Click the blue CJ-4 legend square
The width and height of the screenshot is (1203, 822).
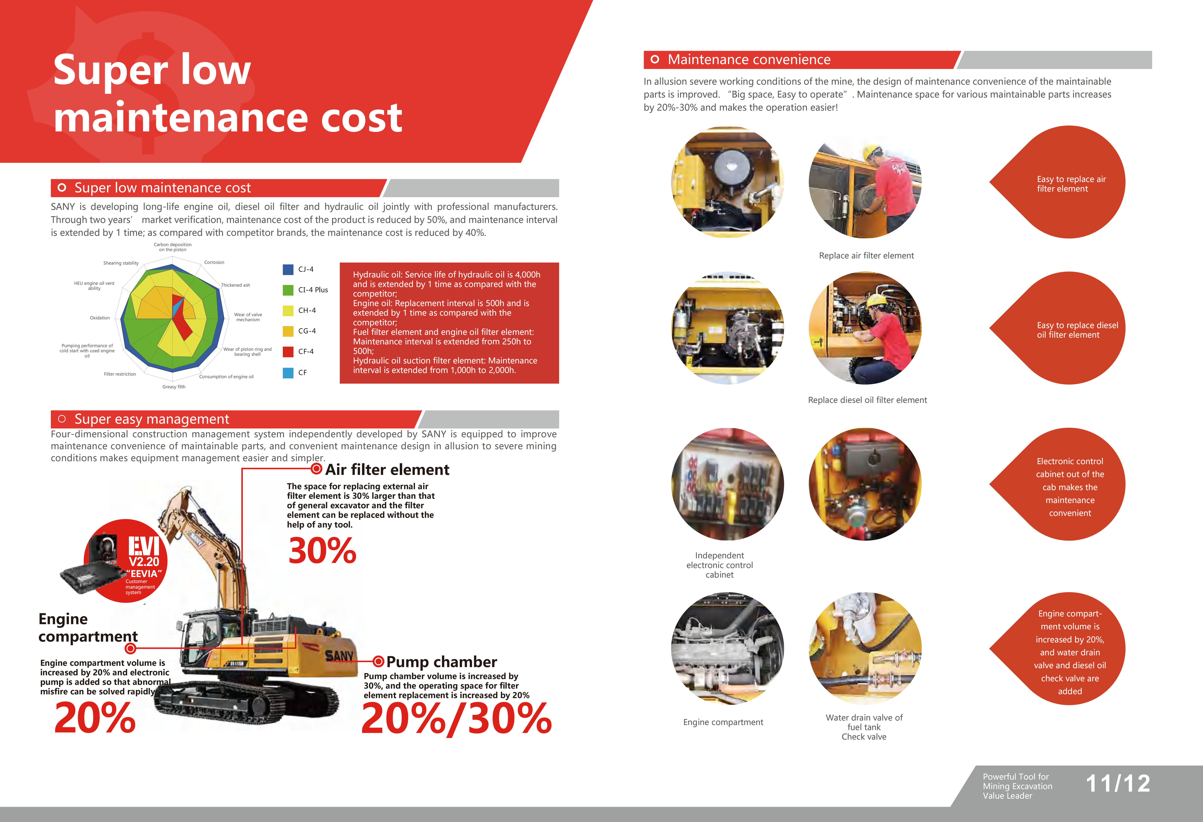click(288, 269)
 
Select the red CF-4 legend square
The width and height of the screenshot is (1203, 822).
click(288, 352)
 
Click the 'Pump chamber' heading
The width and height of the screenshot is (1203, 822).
click(442, 662)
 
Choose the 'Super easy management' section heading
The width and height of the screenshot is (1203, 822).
click(152, 419)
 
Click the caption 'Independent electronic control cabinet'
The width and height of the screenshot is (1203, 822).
click(720, 565)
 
